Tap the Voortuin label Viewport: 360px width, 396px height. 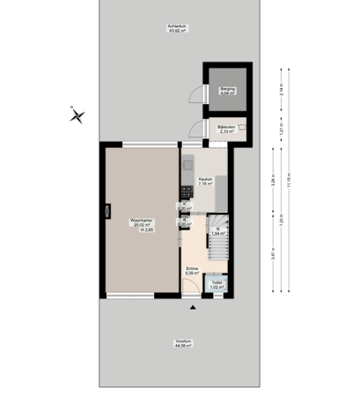pyautogui.click(x=184, y=344)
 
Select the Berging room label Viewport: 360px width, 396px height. pyautogui.click(x=228, y=90)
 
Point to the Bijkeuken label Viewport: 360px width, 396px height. pyautogui.click(x=225, y=128)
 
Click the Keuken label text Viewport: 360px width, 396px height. pyautogui.click(x=205, y=181)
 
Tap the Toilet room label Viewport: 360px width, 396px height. pyautogui.click(x=217, y=284)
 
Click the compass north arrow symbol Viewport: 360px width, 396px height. pyautogui.click(x=77, y=114)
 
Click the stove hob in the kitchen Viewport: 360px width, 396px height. pyautogui.click(x=186, y=191)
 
